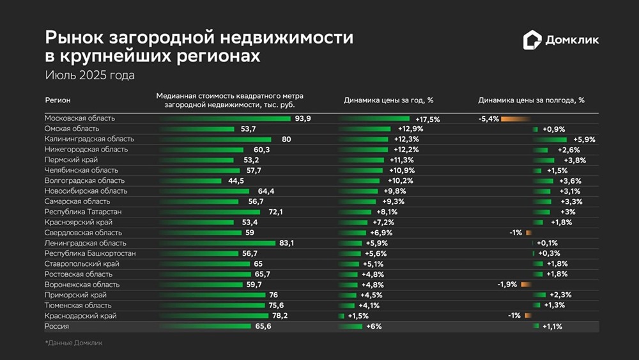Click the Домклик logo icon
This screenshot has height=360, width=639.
(x=532, y=40)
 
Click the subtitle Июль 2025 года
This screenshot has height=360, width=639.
(x=89, y=75)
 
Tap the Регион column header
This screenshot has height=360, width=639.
(x=58, y=100)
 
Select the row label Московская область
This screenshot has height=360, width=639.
(x=80, y=118)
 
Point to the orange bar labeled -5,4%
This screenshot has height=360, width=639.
(x=515, y=119)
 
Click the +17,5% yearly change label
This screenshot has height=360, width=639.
(x=427, y=119)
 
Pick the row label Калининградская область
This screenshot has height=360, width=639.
(x=89, y=139)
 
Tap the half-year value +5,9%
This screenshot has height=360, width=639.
(x=584, y=139)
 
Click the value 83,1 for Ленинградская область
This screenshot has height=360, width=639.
(x=287, y=243)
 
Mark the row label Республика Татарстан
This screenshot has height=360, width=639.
(x=83, y=212)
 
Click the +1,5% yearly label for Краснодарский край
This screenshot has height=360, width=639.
(x=358, y=316)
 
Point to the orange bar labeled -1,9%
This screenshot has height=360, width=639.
(x=526, y=285)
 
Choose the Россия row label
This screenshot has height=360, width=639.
(x=57, y=326)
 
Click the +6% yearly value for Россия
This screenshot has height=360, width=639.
(x=374, y=327)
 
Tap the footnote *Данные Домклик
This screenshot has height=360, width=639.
(x=73, y=343)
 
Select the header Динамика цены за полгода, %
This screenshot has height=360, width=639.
(x=531, y=100)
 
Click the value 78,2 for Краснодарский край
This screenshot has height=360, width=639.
(x=280, y=316)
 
